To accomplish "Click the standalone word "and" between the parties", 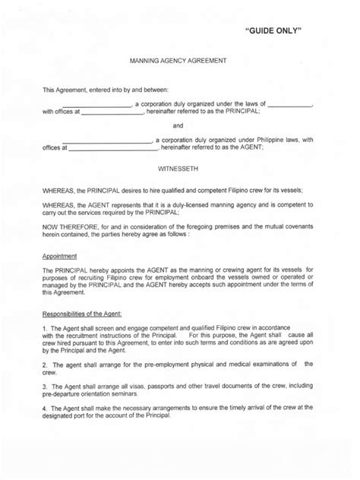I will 179,125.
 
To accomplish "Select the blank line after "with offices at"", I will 112,112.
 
